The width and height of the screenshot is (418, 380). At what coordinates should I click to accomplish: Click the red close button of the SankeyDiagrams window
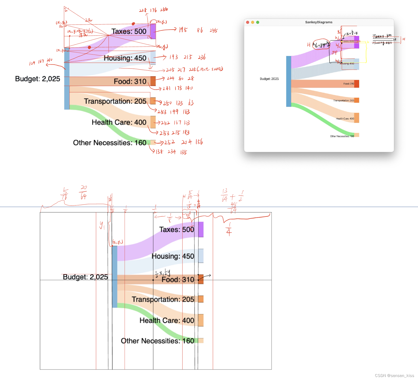pyautogui.click(x=248, y=22)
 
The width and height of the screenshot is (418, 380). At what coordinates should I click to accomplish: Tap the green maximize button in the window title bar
pyautogui.click(x=258, y=22)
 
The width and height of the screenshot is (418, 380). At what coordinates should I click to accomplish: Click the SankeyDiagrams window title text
pyautogui.click(x=319, y=22)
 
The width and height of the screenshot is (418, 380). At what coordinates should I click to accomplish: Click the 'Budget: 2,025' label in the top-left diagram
pyautogui.click(x=38, y=79)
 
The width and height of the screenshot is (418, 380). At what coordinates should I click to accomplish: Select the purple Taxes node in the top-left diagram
pyautogui.click(x=153, y=31)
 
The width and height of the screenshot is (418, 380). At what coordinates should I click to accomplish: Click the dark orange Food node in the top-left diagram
pyautogui.click(x=153, y=81)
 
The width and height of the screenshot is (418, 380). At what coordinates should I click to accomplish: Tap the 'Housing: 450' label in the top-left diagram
pyautogui.click(x=125, y=58)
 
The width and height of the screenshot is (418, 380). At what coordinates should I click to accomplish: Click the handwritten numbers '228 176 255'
pyautogui.click(x=153, y=10)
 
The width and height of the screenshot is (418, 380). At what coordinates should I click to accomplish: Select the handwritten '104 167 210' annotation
pyautogui.click(x=41, y=62)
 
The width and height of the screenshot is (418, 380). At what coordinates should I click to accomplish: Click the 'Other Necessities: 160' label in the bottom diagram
pyautogui.click(x=157, y=341)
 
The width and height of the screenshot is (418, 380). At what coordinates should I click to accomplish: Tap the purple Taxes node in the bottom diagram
pyautogui.click(x=201, y=230)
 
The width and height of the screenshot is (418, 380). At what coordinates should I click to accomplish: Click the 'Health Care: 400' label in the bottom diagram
pyautogui.click(x=167, y=320)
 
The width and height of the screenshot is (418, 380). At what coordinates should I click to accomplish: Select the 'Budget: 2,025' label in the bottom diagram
pyautogui.click(x=85, y=277)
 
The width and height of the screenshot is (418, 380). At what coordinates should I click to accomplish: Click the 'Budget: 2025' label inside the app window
pyautogui.click(x=269, y=79)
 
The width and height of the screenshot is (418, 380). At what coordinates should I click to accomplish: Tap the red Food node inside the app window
pyautogui.click(x=357, y=84)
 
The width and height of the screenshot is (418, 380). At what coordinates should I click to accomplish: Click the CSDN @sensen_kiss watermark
pyautogui.click(x=394, y=375)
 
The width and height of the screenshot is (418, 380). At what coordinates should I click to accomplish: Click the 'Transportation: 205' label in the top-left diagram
pyautogui.click(x=115, y=101)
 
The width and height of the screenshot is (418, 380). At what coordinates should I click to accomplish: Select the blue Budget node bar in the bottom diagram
pyautogui.click(x=115, y=277)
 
